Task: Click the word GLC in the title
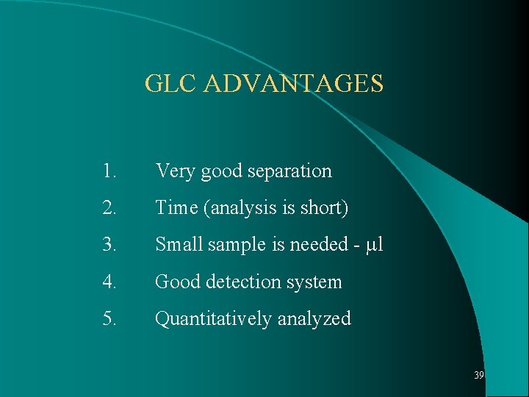click(171, 83)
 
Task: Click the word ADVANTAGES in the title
click(293, 83)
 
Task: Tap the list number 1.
click(110, 171)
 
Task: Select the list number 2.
click(111, 208)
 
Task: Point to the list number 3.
click(111, 245)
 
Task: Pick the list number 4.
click(111, 282)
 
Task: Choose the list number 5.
click(111, 318)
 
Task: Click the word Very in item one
click(175, 171)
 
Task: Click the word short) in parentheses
click(325, 208)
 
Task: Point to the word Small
click(179, 245)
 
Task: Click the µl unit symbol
click(375, 245)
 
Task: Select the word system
click(316, 282)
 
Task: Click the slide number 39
click(479, 375)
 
